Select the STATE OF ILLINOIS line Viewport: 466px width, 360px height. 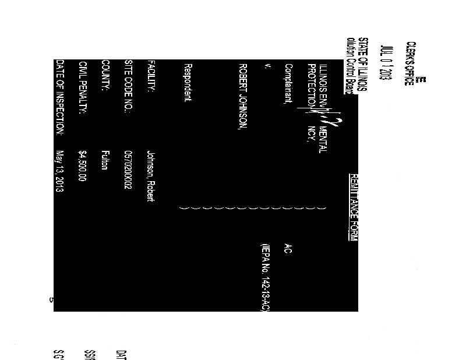[362, 63]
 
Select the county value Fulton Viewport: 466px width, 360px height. [105, 160]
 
